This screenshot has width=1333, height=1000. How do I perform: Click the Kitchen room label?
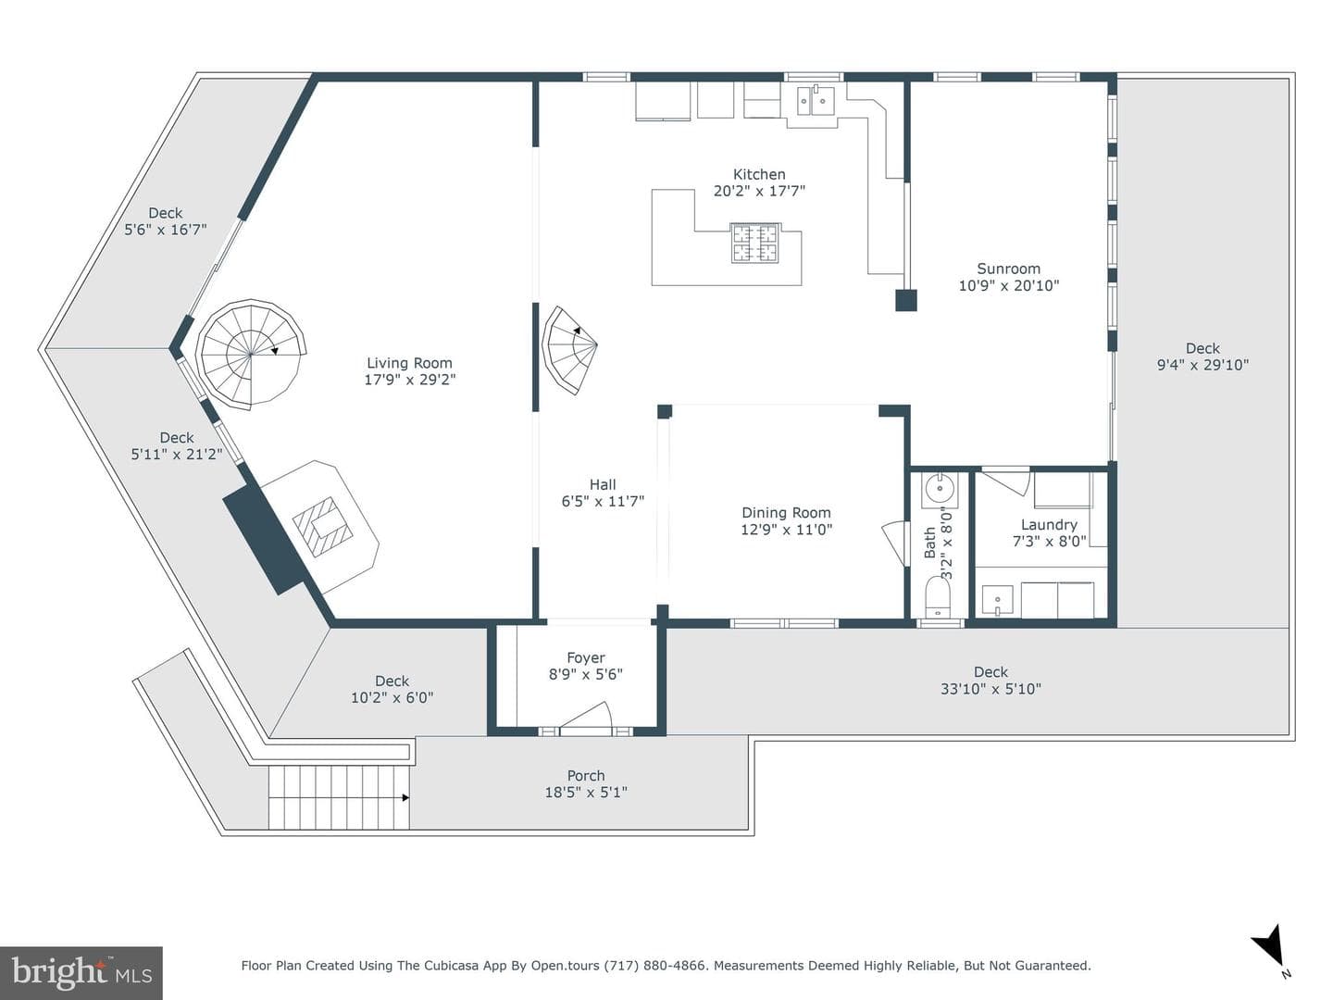tap(759, 175)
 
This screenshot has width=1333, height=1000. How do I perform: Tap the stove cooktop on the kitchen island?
tap(754, 244)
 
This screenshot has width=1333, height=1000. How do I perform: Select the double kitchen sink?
tap(816, 100)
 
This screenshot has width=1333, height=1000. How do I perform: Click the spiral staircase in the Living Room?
tap(252, 354)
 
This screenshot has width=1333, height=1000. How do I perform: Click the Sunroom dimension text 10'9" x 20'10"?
tap(1009, 285)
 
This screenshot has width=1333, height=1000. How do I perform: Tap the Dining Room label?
tap(786, 512)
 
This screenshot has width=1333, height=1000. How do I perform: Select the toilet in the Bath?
tap(939, 597)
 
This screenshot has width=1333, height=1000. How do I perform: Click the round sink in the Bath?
tap(939, 488)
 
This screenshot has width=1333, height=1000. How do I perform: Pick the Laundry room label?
tap(1049, 525)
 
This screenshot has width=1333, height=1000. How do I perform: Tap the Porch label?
tap(585, 775)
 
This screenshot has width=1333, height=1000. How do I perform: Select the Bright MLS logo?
tap(81, 972)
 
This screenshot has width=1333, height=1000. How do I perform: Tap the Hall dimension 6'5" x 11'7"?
tap(603, 501)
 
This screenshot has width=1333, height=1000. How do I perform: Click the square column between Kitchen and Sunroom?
tap(906, 301)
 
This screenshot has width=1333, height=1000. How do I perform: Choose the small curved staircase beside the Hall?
tap(569, 350)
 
